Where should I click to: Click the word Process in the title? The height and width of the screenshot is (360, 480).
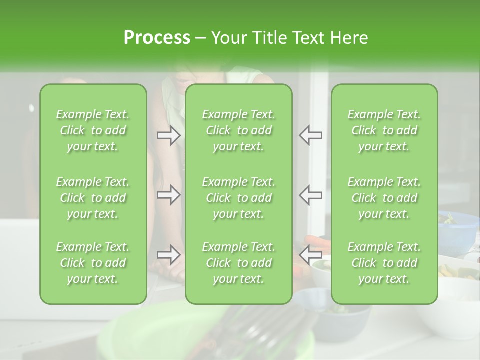pyautogui.click(x=157, y=38)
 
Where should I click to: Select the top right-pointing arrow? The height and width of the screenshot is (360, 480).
pyautogui.click(x=169, y=135)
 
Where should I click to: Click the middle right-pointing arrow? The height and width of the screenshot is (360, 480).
pyautogui.click(x=169, y=195)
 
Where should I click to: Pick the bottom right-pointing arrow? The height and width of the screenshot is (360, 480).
pyautogui.click(x=169, y=255)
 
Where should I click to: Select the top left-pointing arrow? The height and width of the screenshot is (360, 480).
pyautogui.click(x=311, y=135)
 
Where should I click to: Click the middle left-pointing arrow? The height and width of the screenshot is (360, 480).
pyautogui.click(x=311, y=195)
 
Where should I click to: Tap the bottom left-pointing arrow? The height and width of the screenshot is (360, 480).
pyautogui.click(x=311, y=255)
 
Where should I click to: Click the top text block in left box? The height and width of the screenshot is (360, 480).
pyautogui.click(x=93, y=130)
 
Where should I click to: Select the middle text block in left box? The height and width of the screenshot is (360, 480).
pyautogui.click(x=93, y=198)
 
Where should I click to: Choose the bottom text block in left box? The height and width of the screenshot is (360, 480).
pyautogui.click(x=93, y=263)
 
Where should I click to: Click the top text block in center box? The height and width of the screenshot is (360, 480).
pyautogui.click(x=239, y=130)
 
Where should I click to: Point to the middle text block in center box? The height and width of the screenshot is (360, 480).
pyautogui.click(x=239, y=198)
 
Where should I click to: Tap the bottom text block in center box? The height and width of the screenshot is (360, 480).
pyautogui.click(x=239, y=263)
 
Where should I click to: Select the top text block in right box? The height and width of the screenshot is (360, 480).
pyautogui.click(x=384, y=130)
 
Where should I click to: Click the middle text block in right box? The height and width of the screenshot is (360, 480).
pyautogui.click(x=384, y=198)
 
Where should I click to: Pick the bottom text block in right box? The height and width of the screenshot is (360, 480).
pyautogui.click(x=384, y=263)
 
